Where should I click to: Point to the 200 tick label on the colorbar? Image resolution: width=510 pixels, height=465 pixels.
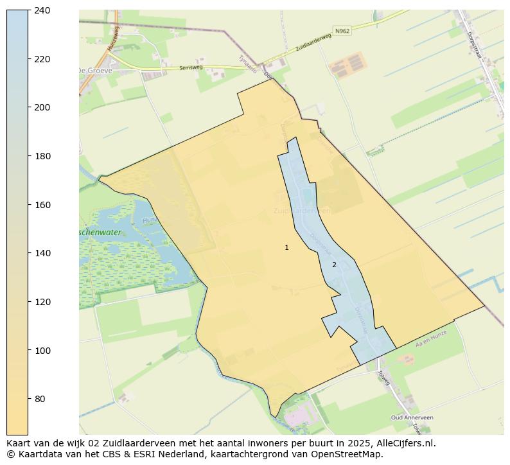[x=42, y=107]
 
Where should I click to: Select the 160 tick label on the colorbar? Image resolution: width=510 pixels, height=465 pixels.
[x=42, y=205]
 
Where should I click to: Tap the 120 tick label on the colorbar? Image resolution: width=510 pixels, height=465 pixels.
[x=42, y=302]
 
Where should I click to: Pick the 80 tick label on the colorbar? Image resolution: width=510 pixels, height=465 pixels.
[x=40, y=399]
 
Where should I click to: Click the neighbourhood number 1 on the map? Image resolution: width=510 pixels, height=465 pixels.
[x=286, y=247]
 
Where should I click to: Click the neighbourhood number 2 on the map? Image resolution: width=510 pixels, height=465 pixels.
[x=334, y=265]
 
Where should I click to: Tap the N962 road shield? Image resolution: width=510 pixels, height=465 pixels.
[x=342, y=30]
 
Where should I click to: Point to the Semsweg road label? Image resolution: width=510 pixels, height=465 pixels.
[x=191, y=67]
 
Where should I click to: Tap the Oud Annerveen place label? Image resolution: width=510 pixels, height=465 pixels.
[x=412, y=417]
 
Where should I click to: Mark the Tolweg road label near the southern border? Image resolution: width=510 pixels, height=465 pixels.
[x=383, y=377]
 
